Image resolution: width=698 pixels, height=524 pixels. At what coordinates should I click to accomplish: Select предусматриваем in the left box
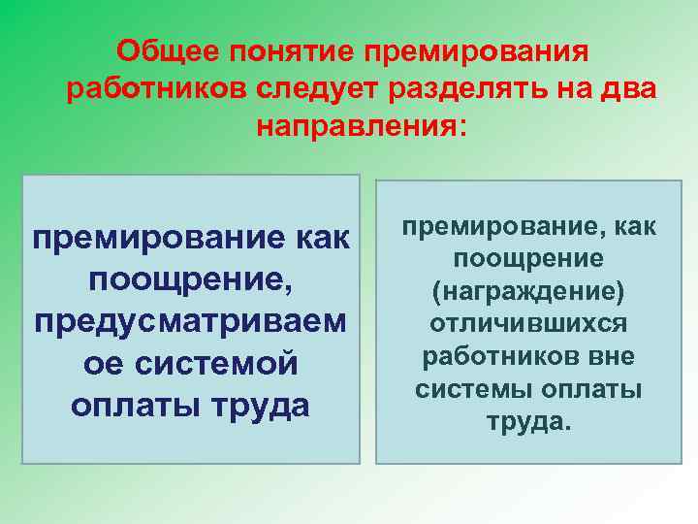tap(190, 320)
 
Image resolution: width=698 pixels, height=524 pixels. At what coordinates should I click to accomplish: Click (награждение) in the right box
tap(529, 292)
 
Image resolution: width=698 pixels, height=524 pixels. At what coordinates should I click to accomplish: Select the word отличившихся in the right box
tap(529, 323)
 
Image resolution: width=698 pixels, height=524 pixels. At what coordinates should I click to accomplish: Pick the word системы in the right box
tap(472, 389)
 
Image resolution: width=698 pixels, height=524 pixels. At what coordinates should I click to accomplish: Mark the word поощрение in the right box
tap(529, 259)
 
